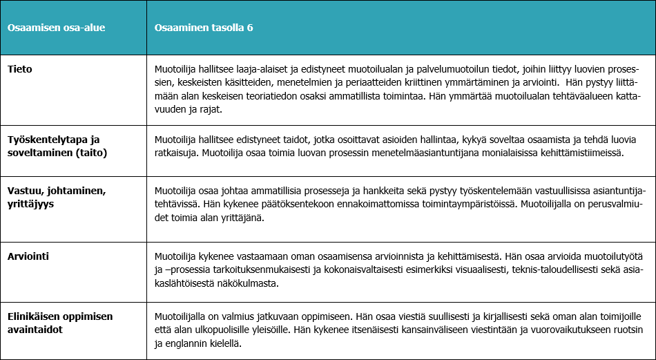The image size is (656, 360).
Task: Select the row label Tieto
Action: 19,68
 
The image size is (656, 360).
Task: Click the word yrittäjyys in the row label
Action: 31,205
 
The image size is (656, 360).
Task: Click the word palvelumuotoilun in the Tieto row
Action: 407,69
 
